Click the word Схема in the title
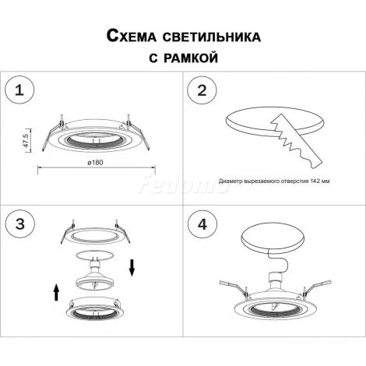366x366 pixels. [126, 36]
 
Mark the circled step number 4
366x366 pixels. [202, 225]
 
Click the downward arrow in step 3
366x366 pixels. [133, 267]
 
